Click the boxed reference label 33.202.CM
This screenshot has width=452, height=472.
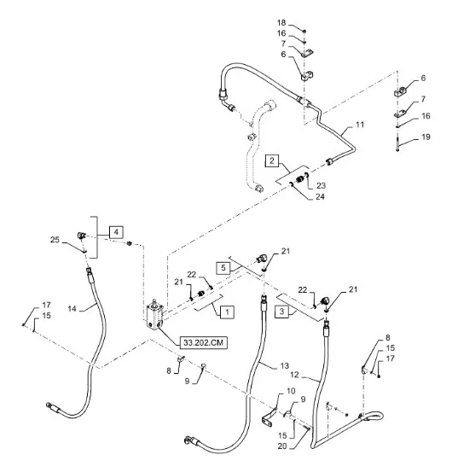pyautogui.click(x=204, y=342)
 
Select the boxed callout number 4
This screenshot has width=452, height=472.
pyautogui.click(x=116, y=232)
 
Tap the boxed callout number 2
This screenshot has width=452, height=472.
pyautogui.click(x=272, y=160)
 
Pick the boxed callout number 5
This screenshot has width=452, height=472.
pyautogui.click(x=223, y=268)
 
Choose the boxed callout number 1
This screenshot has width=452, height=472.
pyautogui.click(x=227, y=312)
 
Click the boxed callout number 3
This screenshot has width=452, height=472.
pyautogui.click(x=281, y=312)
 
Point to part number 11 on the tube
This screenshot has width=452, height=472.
pyautogui.click(x=360, y=125)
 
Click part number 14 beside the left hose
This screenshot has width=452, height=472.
pyautogui.click(x=72, y=308)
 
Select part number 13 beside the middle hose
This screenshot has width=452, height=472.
pyautogui.click(x=284, y=366)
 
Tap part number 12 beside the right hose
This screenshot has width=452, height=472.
pyautogui.click(x=295, y=375)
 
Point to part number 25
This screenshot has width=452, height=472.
pyautogui.click(x=55, y=240)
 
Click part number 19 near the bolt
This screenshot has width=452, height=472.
pyautogui.click(x=426, y=137)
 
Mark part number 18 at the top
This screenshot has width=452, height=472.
pyautogui.click(x=281, y=22)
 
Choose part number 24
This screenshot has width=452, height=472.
pyautogui.click(x=320, y=196)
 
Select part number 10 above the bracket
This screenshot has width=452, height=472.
pyautogui.click(x=291, y=391)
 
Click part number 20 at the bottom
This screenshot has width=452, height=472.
pyautogui.click(x=282, y=446)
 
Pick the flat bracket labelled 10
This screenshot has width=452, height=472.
pyautogui.click(x=269, y=417)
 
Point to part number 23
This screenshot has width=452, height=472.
pyautogui.click(x=321, y=185)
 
